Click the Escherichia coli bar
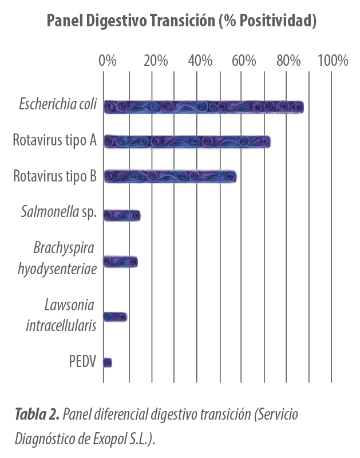tap(204, 107)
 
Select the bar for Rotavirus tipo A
tap(187, 141)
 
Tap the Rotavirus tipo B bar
tap(170, 176)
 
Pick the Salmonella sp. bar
tap(122, 215)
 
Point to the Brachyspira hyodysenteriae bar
tap(121, 262)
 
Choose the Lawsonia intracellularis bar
tap(116, 317)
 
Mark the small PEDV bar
tap(108, 362)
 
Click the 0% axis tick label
tap(108, 61)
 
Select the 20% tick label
tap(156, 61)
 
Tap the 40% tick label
tap(200, 61)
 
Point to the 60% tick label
tap(244, 61)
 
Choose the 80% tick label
tap(289, 61)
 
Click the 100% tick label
tap(333, 61)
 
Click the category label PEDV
tap(82, 361)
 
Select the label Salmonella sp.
tap(59, 212)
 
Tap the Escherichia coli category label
tap(58, 104)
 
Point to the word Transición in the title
tap(183, 21)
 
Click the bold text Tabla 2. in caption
tap(37, 414)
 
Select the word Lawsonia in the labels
tap(69, 305)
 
